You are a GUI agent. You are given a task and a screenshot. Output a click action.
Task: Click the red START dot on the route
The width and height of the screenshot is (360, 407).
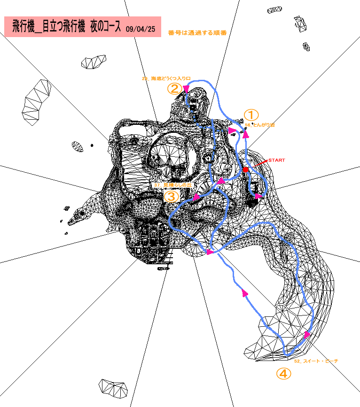pyautogui.click(x=245, y=169)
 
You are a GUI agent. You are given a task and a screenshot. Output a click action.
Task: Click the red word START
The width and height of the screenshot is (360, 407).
pyautogui.click(x=276, y=161)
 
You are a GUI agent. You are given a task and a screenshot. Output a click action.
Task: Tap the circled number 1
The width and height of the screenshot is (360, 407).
pyautogui.click(x=251, y=115)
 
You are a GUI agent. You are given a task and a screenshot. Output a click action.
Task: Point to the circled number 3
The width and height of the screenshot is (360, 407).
pyautogui.click(x=171, y=196)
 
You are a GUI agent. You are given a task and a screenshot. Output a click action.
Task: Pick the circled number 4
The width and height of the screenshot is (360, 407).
pyautogui.click(x=283, y=374)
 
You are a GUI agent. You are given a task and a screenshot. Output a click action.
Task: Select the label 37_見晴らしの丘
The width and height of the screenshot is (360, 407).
pyautogui.click(x=173, y=185)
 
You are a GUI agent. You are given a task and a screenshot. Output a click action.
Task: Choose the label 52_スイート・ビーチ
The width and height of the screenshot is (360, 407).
pyautogui.click(x=316, y=361)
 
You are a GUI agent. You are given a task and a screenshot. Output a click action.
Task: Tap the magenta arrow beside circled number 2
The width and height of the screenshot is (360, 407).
pyautogui.click(x=186, y=88)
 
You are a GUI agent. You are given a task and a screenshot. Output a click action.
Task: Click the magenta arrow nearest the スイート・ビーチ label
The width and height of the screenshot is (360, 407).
pyautogui.click(x=307, y=334)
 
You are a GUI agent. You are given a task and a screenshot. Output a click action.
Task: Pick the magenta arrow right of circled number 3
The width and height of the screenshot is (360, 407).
pyautogui.click(x=196, y=197)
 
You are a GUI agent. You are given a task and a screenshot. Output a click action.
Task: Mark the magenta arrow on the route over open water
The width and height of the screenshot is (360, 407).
pyautogui.click(x=244, y=293)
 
